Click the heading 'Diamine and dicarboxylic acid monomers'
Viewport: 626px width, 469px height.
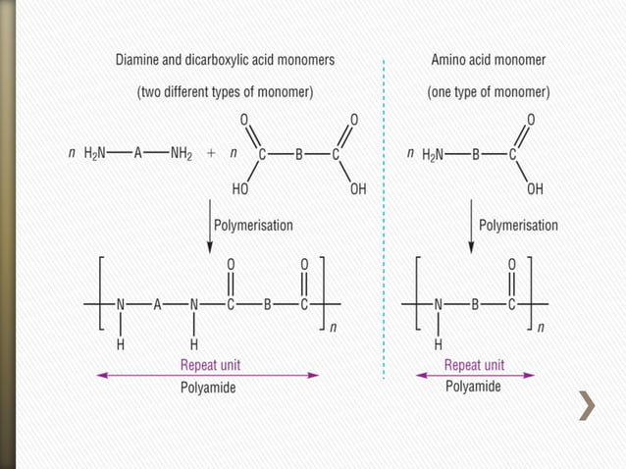[225, 60]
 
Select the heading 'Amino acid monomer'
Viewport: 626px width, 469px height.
[489, 60]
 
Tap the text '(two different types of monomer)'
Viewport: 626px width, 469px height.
[225, 92]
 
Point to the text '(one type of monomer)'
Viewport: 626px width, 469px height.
[489, 92]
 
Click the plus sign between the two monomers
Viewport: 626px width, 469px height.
[211, 154]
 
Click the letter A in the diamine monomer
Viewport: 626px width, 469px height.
[138, 154]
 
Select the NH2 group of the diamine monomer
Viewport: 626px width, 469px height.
[182, 154]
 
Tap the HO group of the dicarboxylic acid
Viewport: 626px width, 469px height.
[240, 187]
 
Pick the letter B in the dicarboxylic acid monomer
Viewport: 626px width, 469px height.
[299, 154]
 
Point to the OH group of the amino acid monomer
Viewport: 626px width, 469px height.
[535, 187]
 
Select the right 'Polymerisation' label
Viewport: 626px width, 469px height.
[518, 225]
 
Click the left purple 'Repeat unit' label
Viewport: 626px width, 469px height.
[210, 364]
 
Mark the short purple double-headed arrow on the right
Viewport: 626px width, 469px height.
[476, 375]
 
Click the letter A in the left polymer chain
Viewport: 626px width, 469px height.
[157, 304]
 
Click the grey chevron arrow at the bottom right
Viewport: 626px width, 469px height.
[588, 406]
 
